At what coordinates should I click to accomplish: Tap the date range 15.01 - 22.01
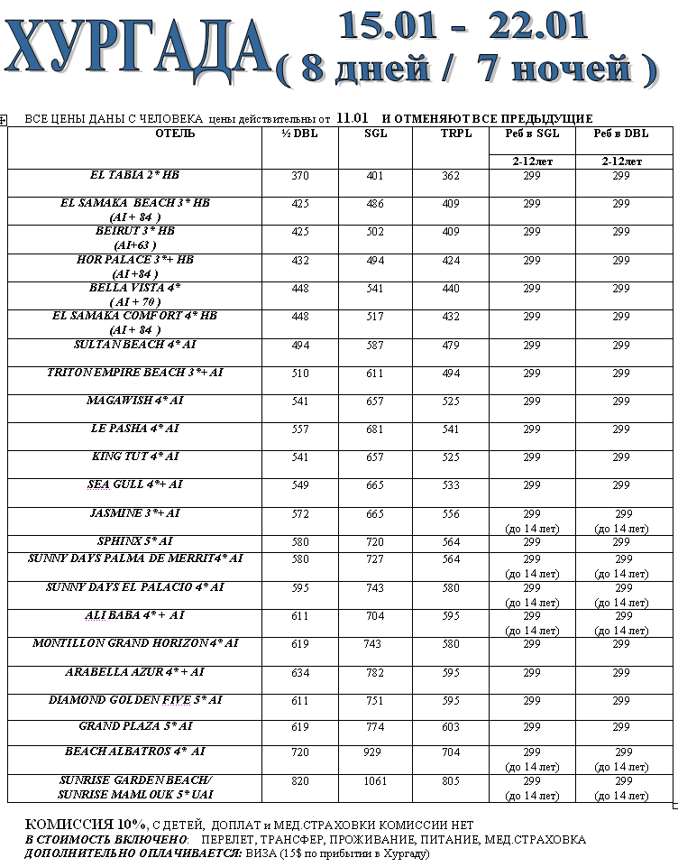[463, 25]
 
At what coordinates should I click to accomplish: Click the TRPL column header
[450, 134]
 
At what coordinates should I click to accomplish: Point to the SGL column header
[375, 134]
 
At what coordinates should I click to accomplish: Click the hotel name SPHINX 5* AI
[134, 541]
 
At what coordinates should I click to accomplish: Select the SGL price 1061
[374, 780]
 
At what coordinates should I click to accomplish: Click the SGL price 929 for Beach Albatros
[374, 752]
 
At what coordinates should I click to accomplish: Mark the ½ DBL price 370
[300, 175]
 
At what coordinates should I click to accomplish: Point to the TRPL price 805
[450, 780]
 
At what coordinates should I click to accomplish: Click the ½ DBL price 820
[300, 780]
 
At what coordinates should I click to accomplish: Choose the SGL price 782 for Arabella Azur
[374, 672]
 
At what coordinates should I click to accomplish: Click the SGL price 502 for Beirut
[374, 232]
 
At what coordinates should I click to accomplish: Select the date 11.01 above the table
[353, 118]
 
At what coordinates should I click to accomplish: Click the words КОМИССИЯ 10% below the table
[85, 825]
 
